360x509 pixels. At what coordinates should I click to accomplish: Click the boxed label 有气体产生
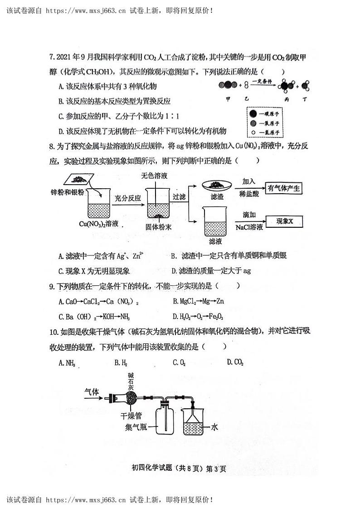coord(284,189)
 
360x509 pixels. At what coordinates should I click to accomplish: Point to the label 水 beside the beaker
coord(214,427)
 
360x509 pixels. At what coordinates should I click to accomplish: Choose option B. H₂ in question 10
coord(121,362)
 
